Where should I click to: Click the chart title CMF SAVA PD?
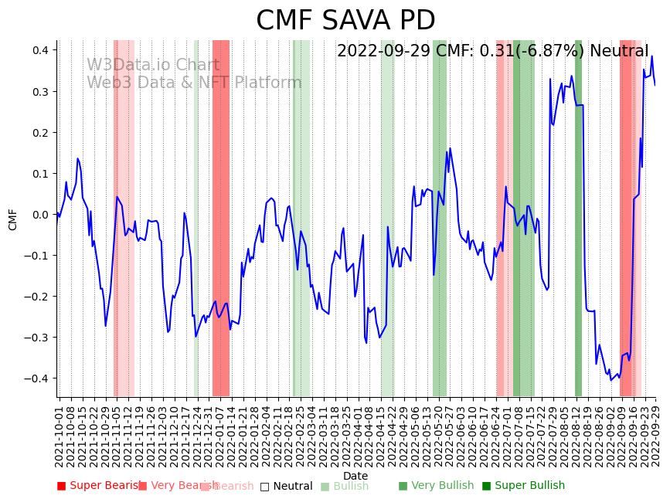point(345,21)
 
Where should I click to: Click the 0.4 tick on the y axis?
point(39,50)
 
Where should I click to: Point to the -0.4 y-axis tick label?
point(37,378)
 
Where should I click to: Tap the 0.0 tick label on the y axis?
point(39,215)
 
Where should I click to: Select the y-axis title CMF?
point(13,219)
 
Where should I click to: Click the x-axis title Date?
point(355,477)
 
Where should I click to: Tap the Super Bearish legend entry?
point(98,486)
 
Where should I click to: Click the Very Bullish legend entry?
point(435,486)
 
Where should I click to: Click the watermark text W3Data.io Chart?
point(152,65)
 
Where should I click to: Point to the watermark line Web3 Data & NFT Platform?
point(194,83)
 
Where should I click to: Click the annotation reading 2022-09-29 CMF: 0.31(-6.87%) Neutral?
point(492,52)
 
